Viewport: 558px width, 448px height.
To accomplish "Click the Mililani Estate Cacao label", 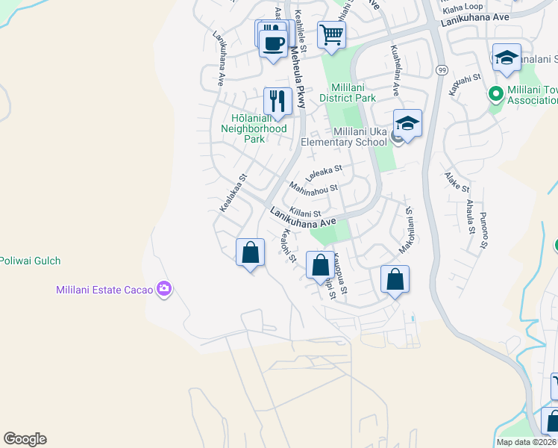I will [104, 290].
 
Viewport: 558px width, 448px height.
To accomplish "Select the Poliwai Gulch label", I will [30, 261].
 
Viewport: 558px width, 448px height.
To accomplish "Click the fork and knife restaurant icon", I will [278, 101].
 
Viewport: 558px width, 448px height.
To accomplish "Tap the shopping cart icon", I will [331, 34].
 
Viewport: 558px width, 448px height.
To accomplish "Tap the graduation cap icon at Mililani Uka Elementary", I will [408, 122].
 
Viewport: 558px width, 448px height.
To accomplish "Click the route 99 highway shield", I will [442, 69].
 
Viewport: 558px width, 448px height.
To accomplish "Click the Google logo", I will [25, 439].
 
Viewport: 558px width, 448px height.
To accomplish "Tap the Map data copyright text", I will [525, 442].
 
